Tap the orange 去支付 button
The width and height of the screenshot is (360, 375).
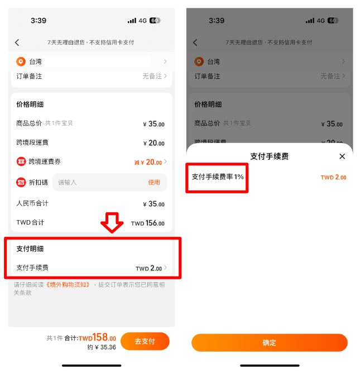tap(145, 341)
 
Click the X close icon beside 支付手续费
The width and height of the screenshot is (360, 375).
tap(342, 156)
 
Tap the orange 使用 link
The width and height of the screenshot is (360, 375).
tap(154, 182)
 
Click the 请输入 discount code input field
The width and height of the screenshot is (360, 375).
tap(109, 182)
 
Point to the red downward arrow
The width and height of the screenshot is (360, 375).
tap(112, 222)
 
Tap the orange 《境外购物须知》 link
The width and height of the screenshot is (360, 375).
tap(68, 284)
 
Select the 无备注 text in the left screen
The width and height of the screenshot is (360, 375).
tap(152, 76)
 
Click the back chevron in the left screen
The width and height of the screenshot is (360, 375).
tap(17, 42)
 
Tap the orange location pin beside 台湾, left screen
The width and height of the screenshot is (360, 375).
tap(21, 61)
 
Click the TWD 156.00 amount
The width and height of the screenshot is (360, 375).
tap(148, 223)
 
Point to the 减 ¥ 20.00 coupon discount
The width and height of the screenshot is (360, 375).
tap(148, 162)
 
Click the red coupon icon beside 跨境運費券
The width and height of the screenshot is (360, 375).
tap(21, 162)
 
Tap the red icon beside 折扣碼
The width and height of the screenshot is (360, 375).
tap(21, 182)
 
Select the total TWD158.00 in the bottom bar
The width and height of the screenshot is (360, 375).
tap(97, 338)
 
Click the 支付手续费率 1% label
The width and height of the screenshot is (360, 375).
tap(218, 177)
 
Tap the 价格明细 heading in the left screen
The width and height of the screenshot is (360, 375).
tap(30, 105)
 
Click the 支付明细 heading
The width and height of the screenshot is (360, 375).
tap(30, 249)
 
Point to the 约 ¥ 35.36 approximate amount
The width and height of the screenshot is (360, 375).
tap(102, 347)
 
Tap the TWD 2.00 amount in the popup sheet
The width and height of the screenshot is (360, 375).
tap(333, 177)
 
